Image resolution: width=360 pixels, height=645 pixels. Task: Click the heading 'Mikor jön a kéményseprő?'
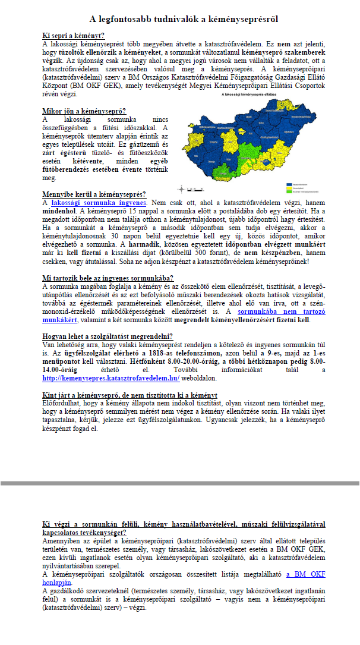(x=84, y=111)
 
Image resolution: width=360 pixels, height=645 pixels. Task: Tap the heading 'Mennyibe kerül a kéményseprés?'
(x=94, y=194)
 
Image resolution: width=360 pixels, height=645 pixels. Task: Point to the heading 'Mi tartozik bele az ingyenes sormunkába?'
(x=108, y=278)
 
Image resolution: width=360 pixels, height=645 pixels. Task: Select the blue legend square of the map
(x=289, y=184)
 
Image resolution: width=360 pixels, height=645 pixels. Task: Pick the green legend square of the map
(x=289, y=191)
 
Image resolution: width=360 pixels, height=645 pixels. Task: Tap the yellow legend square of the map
(x=289, y=188)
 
